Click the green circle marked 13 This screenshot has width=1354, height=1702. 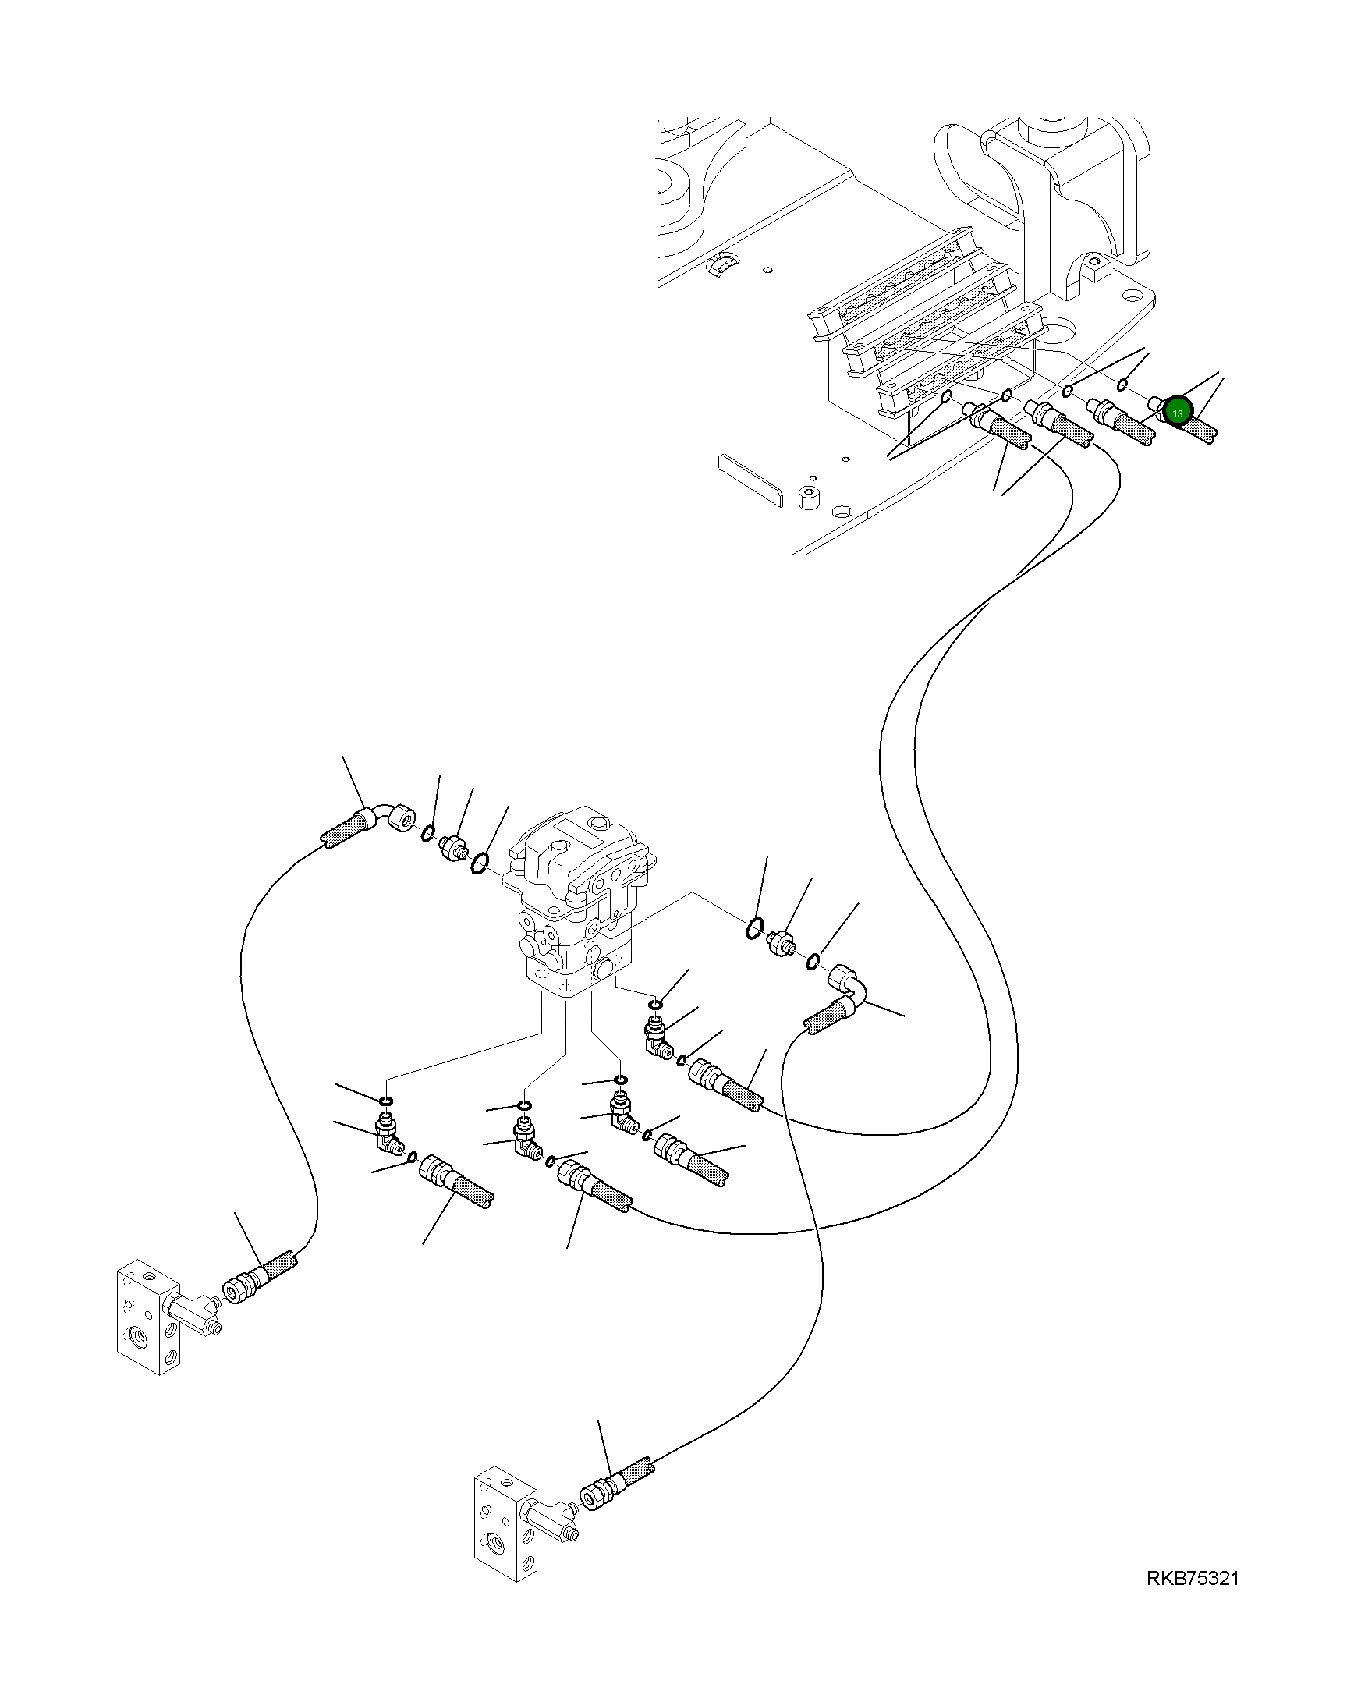coord(1178,411)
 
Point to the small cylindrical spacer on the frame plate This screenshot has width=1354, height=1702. coord(810,498)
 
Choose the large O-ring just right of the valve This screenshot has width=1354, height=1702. coord(755,929)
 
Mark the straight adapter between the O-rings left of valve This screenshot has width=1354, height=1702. coord(452,849)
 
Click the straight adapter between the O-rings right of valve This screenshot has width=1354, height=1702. coord(782,942)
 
